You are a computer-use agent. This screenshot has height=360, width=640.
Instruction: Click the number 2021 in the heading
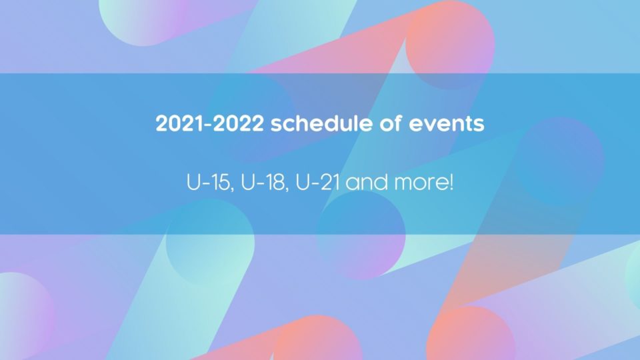click(179, 124)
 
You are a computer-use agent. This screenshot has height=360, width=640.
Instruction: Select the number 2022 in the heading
click(238, 124)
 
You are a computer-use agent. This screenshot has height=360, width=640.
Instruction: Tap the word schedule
click(321, 123)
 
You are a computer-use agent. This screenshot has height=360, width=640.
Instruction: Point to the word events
click(447, 124)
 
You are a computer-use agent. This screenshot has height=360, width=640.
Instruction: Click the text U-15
click(208, 183)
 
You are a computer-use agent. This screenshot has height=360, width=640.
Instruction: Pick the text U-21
click(317, 183)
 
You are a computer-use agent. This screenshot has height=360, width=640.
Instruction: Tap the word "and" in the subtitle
click(367, 183)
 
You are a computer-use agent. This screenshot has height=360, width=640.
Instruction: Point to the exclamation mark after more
click(451, 183)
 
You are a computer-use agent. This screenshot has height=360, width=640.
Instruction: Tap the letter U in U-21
click(302, 183)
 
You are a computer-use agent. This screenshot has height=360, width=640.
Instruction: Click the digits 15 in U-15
click(222, 183)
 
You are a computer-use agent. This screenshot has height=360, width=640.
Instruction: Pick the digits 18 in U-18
click(276, 183)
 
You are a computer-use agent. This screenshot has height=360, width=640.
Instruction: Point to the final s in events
click(479, 125)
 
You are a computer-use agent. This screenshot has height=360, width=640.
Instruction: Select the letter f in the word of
click(397, 123)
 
